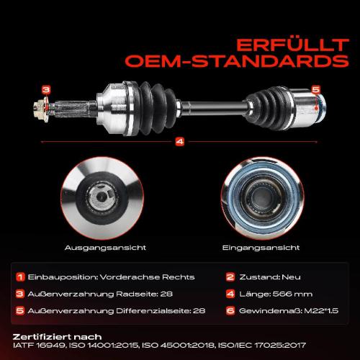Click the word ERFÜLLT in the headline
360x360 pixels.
292,45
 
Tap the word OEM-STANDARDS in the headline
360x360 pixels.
237,61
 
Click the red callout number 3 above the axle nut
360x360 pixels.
46,90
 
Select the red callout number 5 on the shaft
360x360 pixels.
316,89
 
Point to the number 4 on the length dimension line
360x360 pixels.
180,142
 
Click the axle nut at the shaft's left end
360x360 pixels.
41,109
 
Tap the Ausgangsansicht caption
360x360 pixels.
105,248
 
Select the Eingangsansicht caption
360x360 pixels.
261,248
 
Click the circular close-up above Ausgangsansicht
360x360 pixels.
102,198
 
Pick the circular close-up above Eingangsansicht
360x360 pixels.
262,198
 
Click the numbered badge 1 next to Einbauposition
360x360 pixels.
20,277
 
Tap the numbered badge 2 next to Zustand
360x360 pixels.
230,277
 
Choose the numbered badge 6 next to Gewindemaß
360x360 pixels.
230,311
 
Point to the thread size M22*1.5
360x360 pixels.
321,311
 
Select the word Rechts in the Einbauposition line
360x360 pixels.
179,277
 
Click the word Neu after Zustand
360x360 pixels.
291,277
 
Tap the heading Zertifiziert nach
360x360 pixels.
57,337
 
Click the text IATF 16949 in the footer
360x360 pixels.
39,346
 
